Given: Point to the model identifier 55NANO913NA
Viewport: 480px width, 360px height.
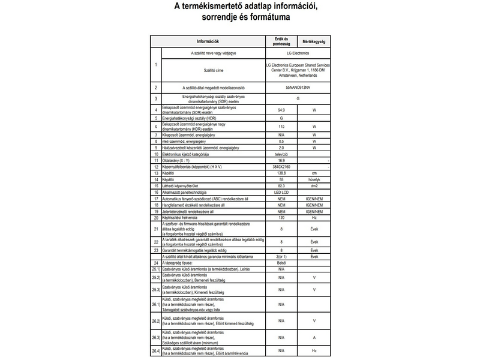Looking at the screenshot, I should coord(298,88).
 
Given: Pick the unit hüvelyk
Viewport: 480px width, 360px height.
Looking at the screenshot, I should coord(314,179).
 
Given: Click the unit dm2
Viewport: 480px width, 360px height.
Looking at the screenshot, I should coord(314,186).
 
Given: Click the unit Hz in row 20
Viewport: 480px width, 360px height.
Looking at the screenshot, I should coord(314,218).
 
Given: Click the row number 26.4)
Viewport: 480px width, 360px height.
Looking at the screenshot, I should coord(155,350).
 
